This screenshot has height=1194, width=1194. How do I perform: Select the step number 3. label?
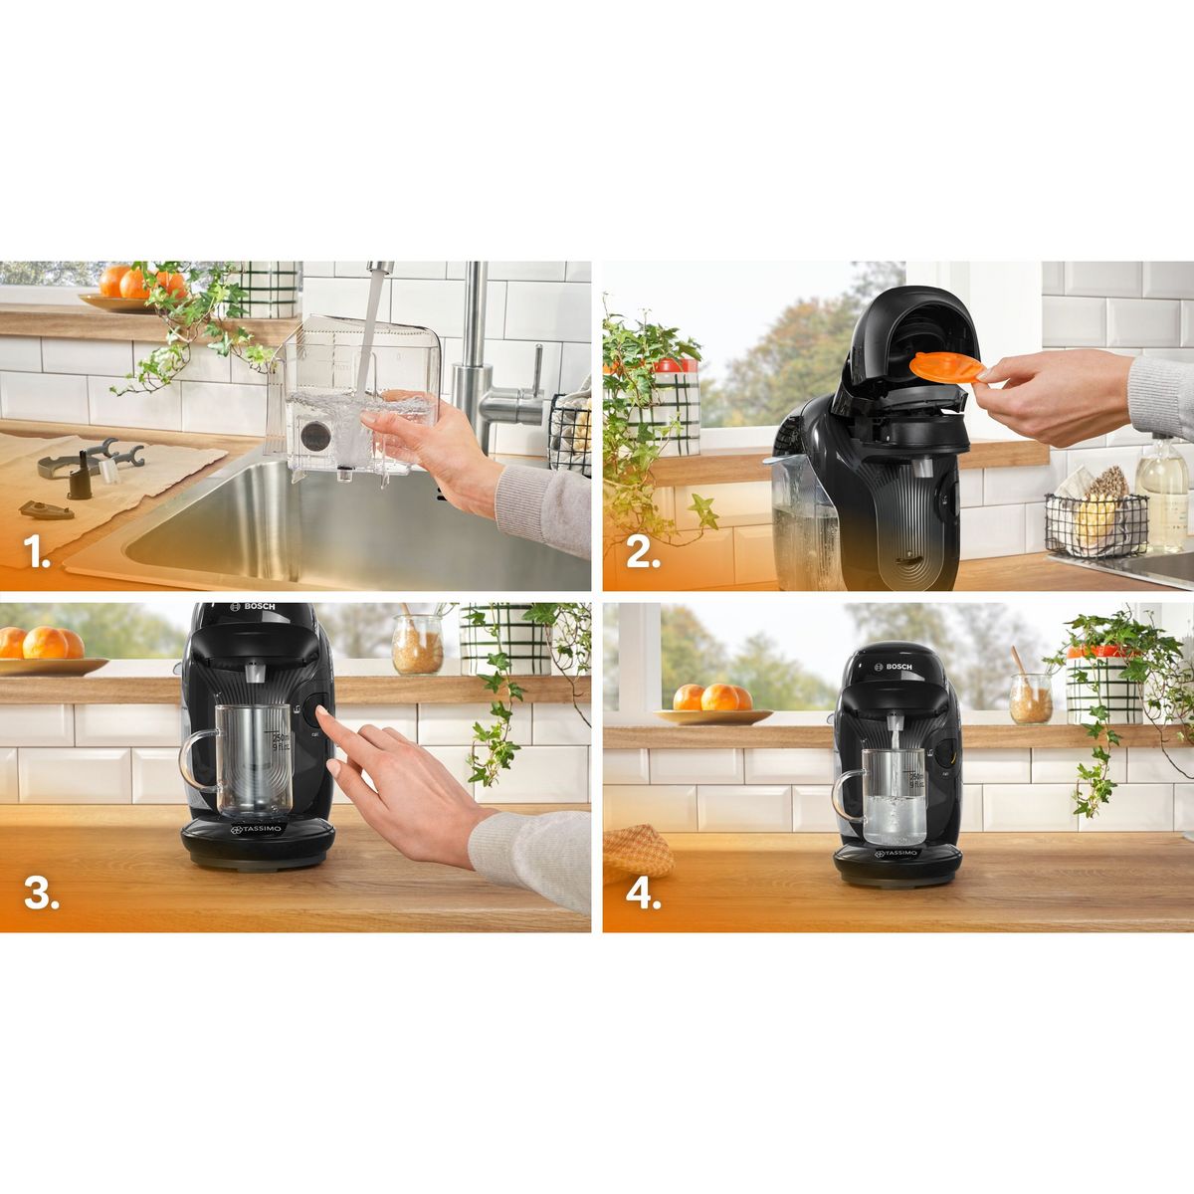(41, 893)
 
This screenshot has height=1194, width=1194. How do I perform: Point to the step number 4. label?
(644, 893)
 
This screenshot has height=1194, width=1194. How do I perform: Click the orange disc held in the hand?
(946, 367)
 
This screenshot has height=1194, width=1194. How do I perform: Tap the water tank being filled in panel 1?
(353, 398)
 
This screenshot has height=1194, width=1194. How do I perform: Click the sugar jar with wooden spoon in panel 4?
(1030, 696)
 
